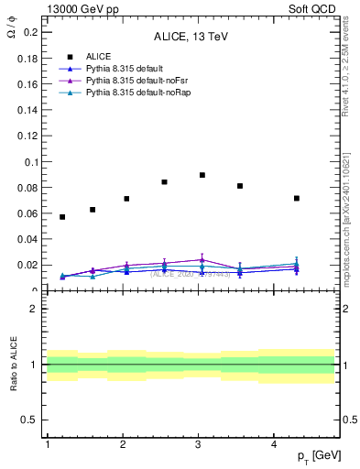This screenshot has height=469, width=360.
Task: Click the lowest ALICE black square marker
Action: (62, 217)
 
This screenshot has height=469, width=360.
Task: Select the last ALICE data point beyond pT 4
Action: (297, 198)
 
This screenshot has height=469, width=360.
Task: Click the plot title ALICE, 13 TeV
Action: (190, 38)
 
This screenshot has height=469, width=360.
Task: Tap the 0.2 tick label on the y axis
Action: (30, 32)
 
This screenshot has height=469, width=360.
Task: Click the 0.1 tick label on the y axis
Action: (30, 162)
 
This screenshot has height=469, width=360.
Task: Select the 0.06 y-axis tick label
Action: (27, 213)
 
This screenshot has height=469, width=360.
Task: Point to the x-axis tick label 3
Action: (199, 444)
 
